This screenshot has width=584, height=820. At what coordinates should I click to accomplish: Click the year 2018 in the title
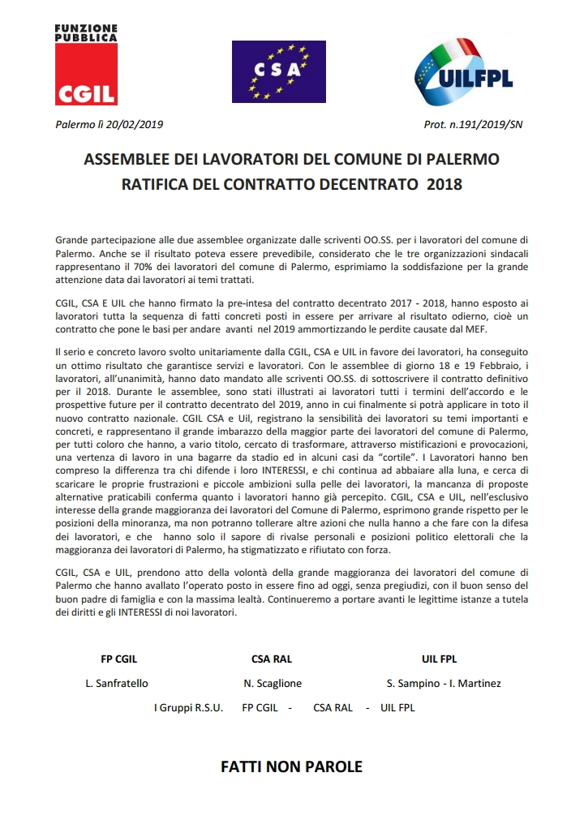point(444,184)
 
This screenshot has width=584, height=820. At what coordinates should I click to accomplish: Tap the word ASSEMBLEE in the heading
point(129,158)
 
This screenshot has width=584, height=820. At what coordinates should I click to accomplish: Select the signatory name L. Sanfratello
point(117,683)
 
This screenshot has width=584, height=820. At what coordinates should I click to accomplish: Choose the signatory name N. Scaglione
point(273,683)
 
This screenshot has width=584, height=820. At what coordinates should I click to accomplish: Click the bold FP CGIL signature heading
point(118,659)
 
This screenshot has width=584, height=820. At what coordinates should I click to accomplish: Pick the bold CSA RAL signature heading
point(272,659)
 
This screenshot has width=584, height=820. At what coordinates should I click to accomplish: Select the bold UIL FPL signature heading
point(440,659)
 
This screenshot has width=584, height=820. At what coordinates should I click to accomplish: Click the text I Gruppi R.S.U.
point(188,707)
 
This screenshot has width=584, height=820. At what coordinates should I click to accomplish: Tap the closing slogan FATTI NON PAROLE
point(291,766)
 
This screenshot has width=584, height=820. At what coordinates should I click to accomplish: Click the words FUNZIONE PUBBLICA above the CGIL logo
point(85,32)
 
